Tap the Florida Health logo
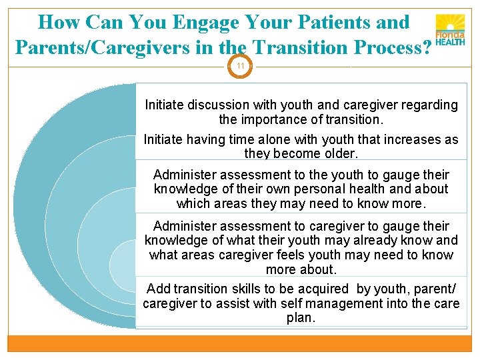[450, 31]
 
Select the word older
[340, 153]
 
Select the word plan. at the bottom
[301, 317]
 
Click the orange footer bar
[240, 343]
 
